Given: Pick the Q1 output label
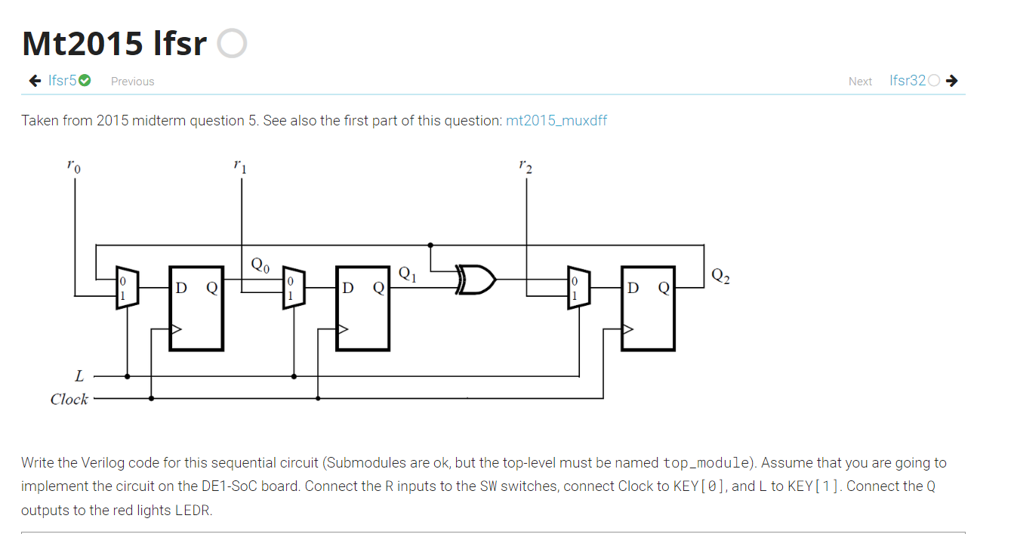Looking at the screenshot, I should pos(406,273).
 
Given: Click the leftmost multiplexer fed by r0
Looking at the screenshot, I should pos(125,288).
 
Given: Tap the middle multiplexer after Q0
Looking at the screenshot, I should pos(293,288).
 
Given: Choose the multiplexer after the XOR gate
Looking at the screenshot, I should pos(578,288).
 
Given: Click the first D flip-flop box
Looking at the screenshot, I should pos(196,308).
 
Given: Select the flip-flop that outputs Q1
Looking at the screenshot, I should pos(363,308).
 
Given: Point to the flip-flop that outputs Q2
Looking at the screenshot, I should pos(648,308).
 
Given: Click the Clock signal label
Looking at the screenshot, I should pos(69,399).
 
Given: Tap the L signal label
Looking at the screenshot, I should pos(79,375).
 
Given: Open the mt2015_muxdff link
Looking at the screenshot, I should pos(556,121).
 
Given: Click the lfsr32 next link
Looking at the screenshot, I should pos(907,81).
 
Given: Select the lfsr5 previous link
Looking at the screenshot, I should pos(63,81).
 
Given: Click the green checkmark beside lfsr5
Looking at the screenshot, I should pos(85,81).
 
